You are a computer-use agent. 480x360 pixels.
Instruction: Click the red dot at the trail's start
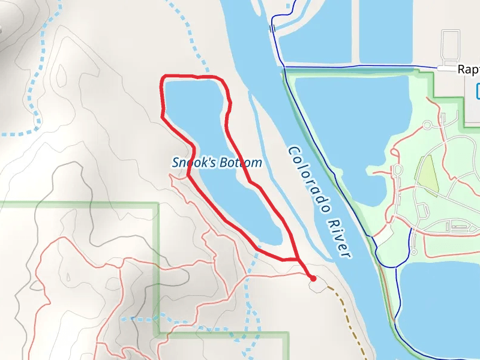313,278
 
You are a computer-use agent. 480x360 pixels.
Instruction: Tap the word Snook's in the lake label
190,163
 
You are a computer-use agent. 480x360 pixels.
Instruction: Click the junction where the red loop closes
298,259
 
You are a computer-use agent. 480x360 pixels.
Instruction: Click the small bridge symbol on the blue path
272,28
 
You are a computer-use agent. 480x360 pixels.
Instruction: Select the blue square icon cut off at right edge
478,91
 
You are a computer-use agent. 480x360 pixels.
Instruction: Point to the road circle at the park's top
427,125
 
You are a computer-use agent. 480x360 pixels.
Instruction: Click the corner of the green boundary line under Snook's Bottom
158,204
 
